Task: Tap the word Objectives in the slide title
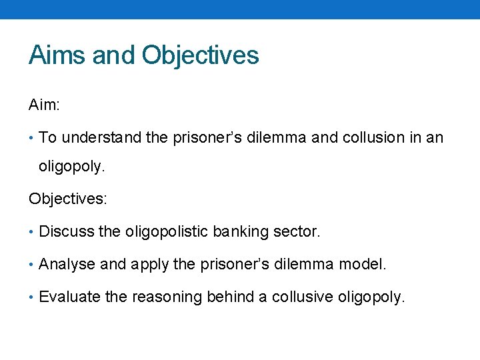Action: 200,55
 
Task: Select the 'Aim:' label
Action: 45,105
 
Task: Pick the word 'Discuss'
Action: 67,231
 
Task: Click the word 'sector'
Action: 297,231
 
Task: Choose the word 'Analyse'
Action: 67,264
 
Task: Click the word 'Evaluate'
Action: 70,297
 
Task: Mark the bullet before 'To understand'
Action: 32,138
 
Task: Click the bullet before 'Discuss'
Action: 32,231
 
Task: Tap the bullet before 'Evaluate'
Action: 32,297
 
